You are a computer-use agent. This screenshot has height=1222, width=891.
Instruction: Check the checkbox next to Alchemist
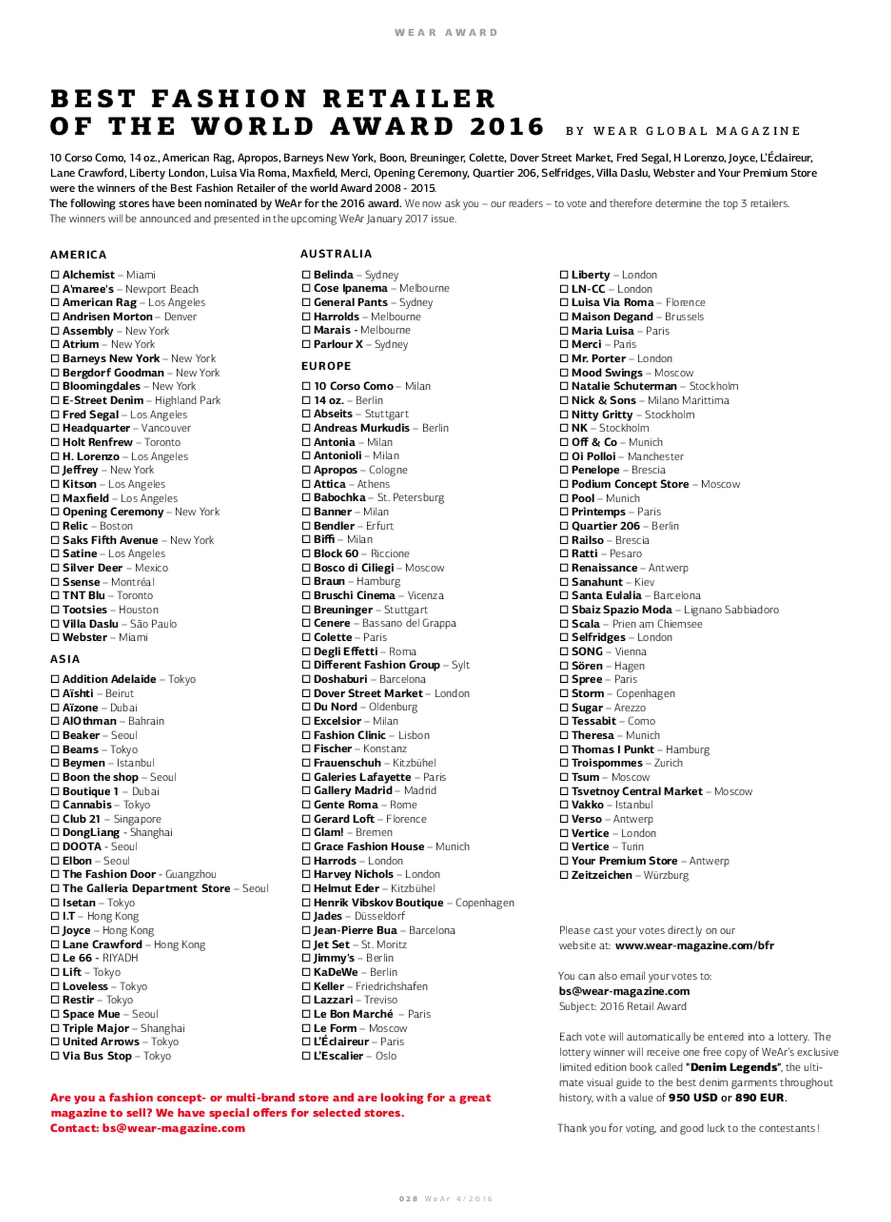pos(55,275)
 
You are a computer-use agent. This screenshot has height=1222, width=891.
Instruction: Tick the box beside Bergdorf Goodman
pos(55,373)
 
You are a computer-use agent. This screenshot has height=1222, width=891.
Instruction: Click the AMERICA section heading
pos(78,255)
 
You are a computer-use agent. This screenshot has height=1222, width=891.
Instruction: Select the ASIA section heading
pos(65,659)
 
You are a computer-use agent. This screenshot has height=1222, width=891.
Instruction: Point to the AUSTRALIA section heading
pos(336,254)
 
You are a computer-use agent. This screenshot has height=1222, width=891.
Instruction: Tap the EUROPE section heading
pos(326,366)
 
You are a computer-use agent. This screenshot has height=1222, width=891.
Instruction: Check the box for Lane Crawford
pos(55,945)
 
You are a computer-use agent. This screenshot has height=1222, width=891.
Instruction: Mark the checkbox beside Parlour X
pos(306,344)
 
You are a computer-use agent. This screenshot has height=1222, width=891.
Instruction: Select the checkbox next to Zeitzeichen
pos(564,875)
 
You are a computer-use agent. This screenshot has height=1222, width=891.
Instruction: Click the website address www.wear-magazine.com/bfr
pos(694,945)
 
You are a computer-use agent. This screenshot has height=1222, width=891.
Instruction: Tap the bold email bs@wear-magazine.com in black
pos(623,991)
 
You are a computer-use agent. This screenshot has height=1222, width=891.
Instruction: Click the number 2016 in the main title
pos(506,126)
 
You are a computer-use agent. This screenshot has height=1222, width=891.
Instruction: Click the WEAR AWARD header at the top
pos(445,32)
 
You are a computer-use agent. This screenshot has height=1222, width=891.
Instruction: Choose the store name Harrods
pos(335,861)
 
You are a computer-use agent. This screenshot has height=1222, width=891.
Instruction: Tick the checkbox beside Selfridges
pos(564,638)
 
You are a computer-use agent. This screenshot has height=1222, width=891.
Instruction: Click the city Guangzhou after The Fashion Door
pos(190,874)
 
